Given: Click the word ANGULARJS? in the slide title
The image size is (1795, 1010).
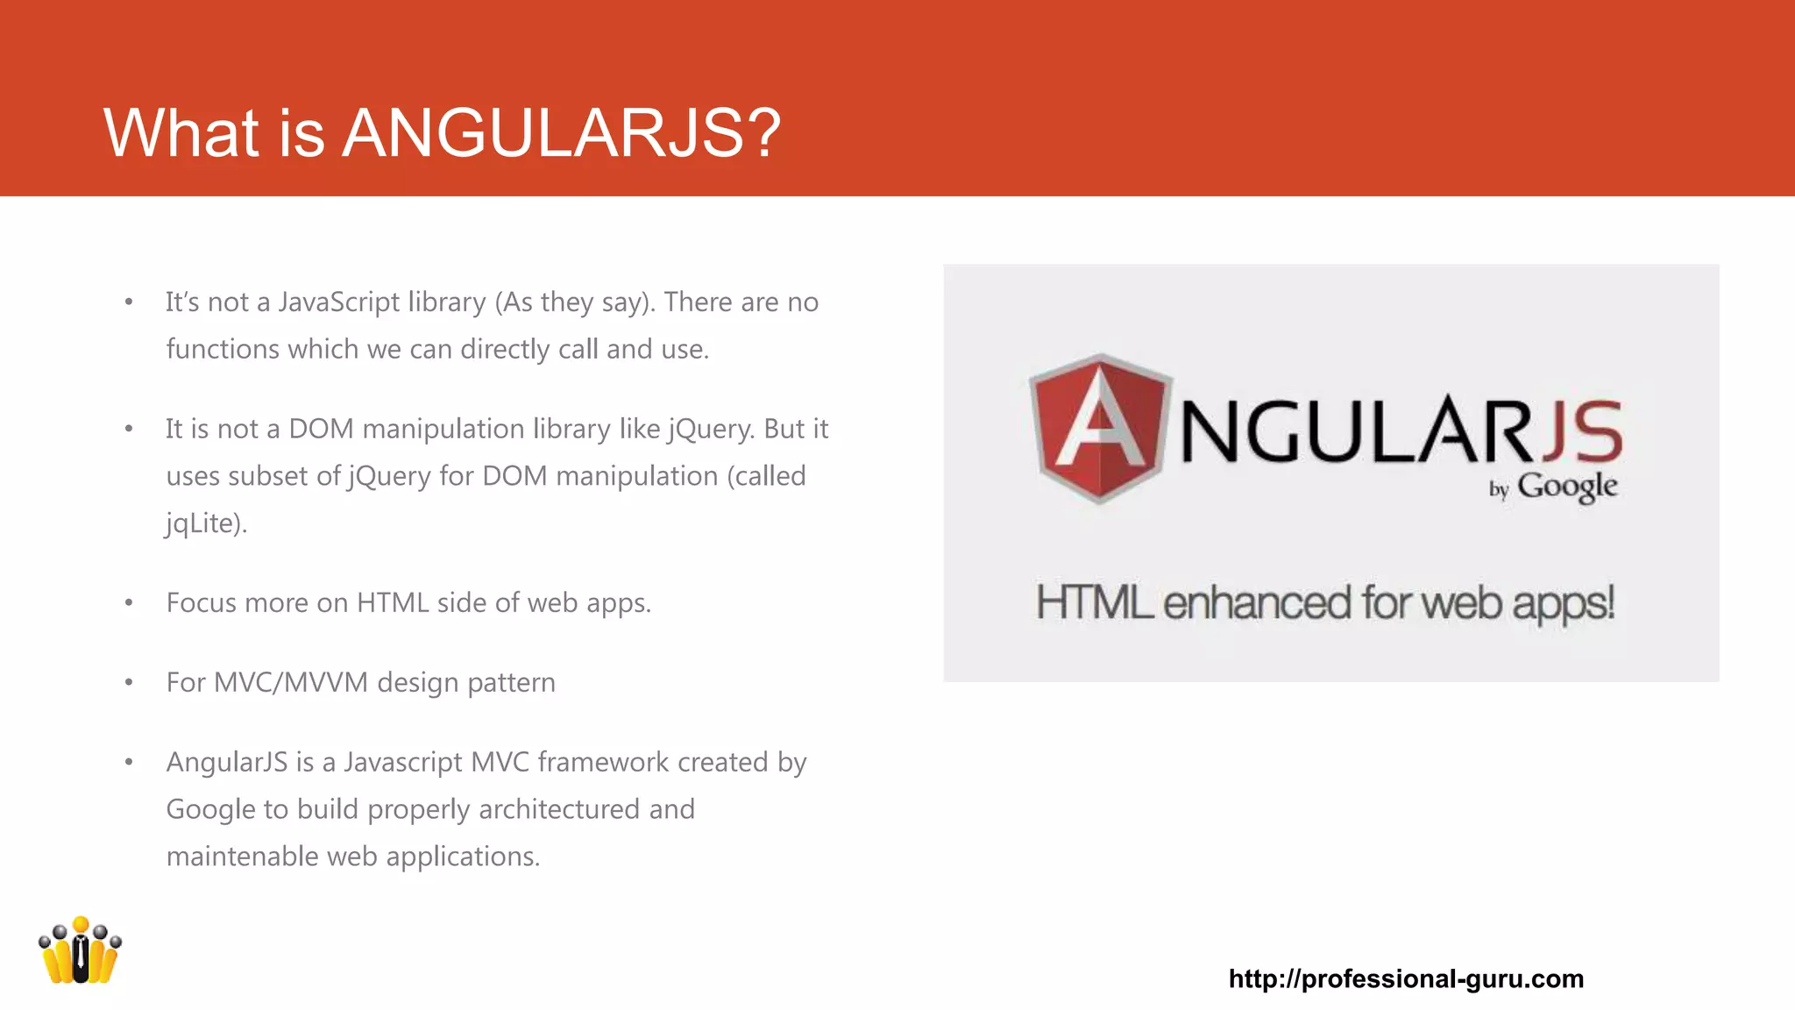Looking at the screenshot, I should [561, 133].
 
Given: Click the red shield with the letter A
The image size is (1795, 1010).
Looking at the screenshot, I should [1101, 428].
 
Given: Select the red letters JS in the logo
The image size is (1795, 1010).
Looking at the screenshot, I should [1581, 431].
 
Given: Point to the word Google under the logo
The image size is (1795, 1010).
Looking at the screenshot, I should [1567, 487].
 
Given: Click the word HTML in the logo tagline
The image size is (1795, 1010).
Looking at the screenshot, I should [1094, 603].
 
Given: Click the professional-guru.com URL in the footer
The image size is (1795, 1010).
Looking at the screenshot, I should [1406, 978].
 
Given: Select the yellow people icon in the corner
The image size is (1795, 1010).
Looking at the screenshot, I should [80, 951].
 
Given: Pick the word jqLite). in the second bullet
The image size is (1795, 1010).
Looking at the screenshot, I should [207, 523].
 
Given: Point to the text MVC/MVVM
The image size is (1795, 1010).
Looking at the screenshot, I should [291, 683].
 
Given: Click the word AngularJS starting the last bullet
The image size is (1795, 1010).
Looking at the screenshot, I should [227, 763].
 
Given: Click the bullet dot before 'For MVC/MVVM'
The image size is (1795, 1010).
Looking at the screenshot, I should [129, 683].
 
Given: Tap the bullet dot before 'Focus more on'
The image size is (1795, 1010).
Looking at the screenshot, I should [129, 603].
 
